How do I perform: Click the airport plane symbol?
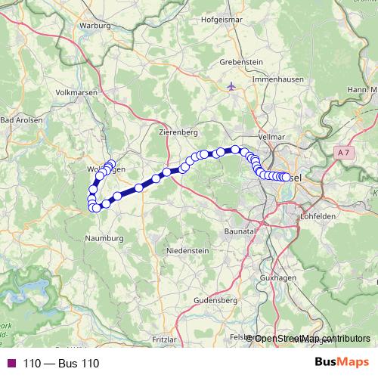(231, 86)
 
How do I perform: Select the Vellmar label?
(270, 136)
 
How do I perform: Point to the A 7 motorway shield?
(344, 153)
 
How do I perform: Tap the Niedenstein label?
(186, 249)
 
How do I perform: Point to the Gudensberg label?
(216, 300)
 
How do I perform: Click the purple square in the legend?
(11, 364)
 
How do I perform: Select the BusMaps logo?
(342, 363)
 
